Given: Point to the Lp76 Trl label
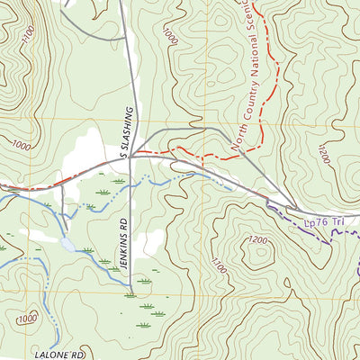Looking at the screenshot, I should [319, 220].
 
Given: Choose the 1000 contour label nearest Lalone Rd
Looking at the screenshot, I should [27, 318].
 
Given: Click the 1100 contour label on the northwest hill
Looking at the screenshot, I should [28, 36].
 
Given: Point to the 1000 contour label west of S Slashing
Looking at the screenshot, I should [22, 146].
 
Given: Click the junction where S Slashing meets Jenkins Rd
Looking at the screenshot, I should [130, 157].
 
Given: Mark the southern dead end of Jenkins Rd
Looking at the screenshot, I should [130, 294].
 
